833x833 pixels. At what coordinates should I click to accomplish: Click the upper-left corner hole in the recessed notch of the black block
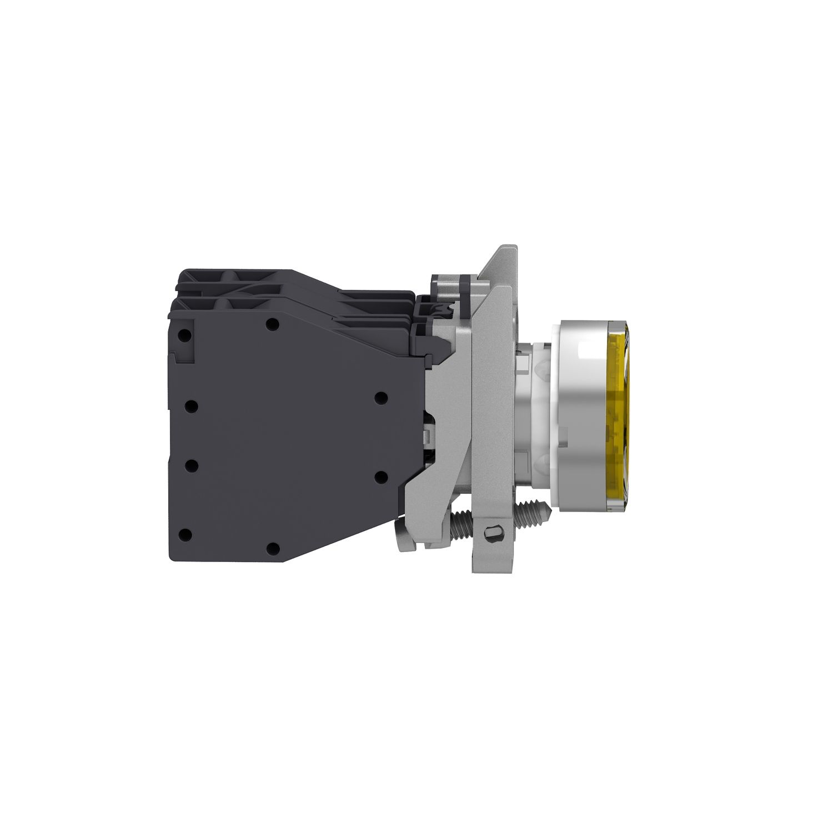(186, 335)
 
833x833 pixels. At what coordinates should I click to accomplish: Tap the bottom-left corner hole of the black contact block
(186, 535)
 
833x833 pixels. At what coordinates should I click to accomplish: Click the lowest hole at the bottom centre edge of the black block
(272, 548)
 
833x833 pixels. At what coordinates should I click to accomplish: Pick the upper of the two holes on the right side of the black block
(381, 398)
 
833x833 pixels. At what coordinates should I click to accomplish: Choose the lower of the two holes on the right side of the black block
(381, 476)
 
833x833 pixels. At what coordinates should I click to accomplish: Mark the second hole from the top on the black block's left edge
(190, 407)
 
